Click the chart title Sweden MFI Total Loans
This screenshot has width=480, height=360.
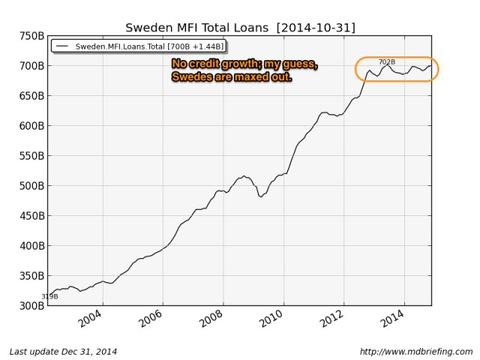click(x=197, y=28)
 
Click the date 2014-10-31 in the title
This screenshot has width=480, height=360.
click(x=316, y=28)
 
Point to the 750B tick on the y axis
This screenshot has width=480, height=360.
click(x=31, y=36)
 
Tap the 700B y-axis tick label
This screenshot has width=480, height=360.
click(x=31, y=66)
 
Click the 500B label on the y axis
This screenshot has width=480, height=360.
click(x=31, y=186)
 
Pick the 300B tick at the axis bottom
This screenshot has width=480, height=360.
click(x=31, y=305)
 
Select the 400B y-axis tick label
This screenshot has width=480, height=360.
click(x=31, y=245)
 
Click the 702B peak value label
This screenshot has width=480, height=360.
click(x=387, y=61)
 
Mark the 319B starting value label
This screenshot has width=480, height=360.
click(x=49, y=296)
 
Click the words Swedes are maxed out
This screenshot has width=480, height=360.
click(x=232, y=76)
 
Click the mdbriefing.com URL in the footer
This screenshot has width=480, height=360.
click(x=416, y=352)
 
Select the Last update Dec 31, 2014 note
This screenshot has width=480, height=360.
click(x=63, y=352)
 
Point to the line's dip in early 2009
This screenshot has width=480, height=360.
click(x=260, y=196)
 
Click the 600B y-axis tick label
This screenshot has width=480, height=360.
click(x=31, y=126)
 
